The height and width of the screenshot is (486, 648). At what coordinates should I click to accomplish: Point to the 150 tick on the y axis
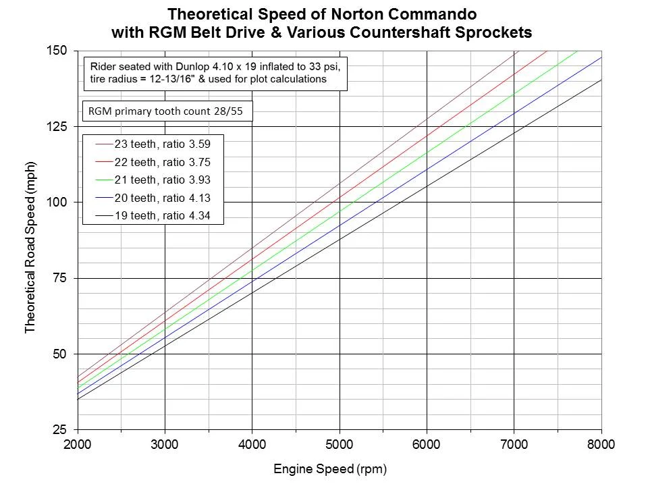(x=58, y=51)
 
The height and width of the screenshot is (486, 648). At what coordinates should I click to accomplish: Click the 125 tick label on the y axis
(x=58, y=127)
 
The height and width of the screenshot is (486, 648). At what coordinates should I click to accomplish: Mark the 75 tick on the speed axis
(x=61, y=278)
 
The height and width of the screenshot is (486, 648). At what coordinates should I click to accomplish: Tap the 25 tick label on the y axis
(x=61, y=430)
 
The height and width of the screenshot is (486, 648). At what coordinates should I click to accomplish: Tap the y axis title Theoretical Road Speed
(x=30, y=240)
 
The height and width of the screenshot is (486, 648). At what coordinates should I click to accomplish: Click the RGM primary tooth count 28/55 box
(x=167, y=111)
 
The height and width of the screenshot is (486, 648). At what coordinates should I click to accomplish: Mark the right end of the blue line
(x=600, y=57)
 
